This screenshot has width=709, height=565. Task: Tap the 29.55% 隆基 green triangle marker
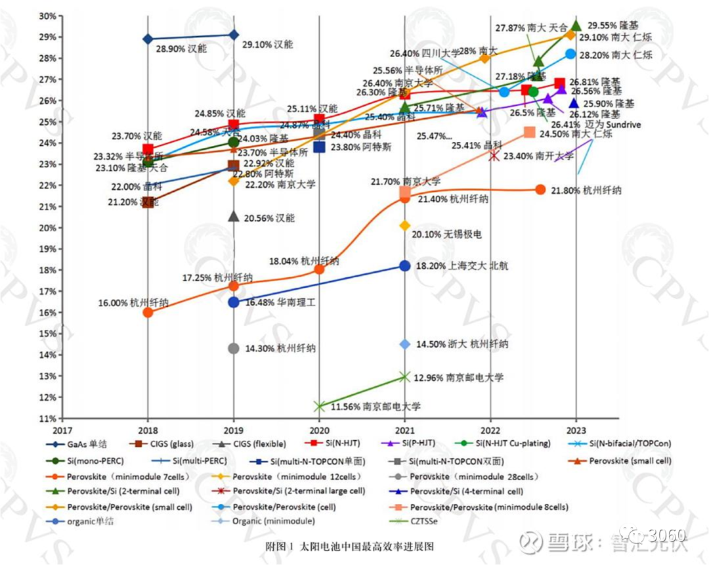click(x=576, y=25)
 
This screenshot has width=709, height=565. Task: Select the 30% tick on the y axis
click(x=46, y=16)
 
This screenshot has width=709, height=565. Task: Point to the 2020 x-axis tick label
click(x=319, y=430)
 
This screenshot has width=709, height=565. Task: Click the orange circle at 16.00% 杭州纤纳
click(x=148, y=312)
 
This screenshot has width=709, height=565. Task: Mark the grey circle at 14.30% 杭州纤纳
click(x=234, y=348)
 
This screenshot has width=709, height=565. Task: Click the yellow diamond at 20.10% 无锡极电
click(x=404, y=225)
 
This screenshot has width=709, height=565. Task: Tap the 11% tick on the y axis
click(x=46, y=418)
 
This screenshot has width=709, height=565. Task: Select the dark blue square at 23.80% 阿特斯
click(x=319, y=147)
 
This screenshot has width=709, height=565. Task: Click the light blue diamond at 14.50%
click(x=404, y=344)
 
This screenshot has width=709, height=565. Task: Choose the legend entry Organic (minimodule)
click(x=273, y=521)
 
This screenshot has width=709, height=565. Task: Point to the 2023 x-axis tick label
click(x=576, y=430)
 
